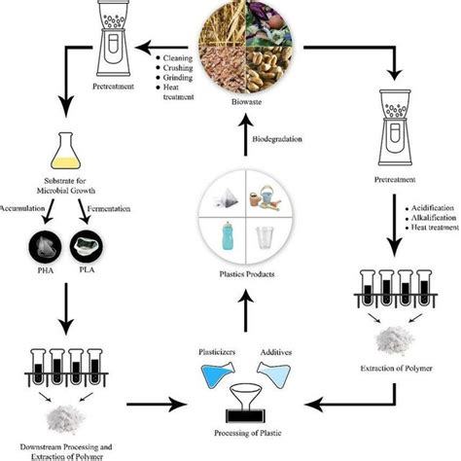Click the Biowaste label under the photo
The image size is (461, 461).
pyautogui.click(x=230, y=99)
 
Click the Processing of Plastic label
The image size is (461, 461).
pyautogui.click(x=230, y=430)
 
